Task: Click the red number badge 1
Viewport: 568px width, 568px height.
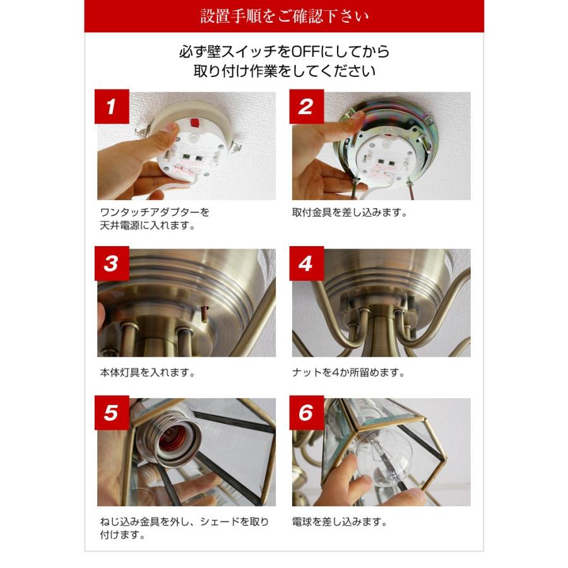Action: [x=111, y=107]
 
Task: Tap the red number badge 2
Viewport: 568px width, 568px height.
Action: [x=306, y=107]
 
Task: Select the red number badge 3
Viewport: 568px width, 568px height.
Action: [x=111, y=264]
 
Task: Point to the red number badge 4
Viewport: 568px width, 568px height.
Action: [x=306, y=264]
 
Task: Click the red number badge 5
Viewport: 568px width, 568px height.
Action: [x=111, y=413]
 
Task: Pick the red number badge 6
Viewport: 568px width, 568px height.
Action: [x=306, y=413]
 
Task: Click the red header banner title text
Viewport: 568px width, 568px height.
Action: [x=283, y=16]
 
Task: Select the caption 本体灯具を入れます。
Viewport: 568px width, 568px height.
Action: [x=147, y=372]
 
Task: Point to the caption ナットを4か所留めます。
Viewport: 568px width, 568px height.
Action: [x=348, y=372]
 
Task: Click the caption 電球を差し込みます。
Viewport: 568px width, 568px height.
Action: [x=340, y=522]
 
